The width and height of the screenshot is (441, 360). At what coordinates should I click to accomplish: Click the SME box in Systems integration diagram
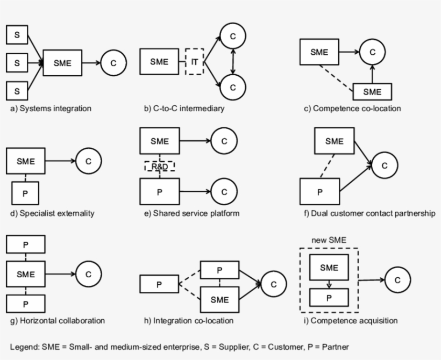pos(62,63)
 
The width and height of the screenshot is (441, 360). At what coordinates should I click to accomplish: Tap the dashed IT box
pos(195,62)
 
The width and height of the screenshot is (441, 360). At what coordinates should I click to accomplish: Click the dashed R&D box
pos(160,167)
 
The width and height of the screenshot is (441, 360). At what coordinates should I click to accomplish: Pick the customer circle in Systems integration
pos(113,63)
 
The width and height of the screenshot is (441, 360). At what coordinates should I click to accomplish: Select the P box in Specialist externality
pos(25,193)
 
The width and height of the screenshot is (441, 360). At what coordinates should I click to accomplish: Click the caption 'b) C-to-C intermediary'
pos(184,109)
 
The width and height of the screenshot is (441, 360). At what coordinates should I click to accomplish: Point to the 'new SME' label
pos(329,240)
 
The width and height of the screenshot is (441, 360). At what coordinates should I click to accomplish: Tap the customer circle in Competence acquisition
pos(397,280)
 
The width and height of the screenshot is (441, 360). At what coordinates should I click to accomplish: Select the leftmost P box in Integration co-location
pos(159,285)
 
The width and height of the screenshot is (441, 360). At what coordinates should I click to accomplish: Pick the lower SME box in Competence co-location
pos(372,92)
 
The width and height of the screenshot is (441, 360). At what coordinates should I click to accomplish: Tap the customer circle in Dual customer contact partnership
pos(384,165)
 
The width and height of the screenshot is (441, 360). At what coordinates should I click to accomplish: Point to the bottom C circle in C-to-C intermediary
pos(232,87)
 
